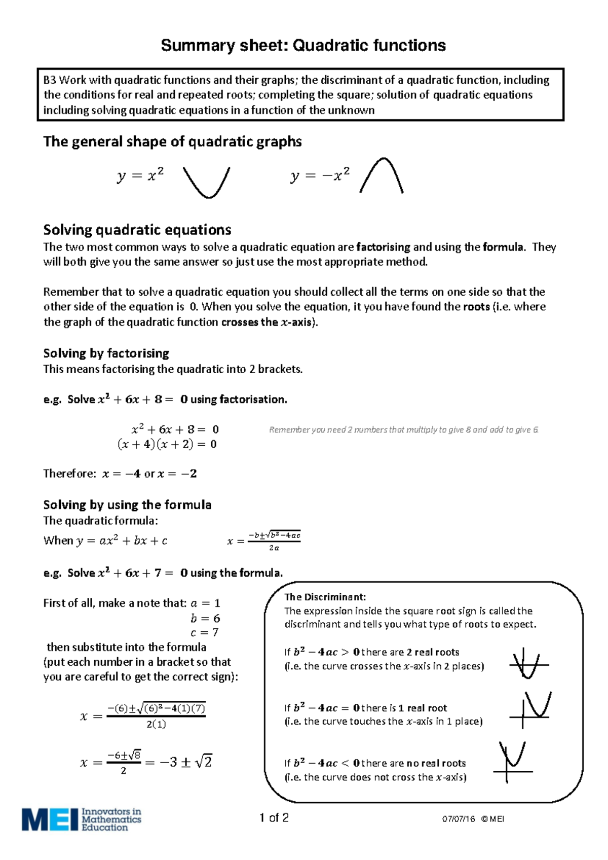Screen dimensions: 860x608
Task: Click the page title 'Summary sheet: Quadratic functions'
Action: (x=303, y=46)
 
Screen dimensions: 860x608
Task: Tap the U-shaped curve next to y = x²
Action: (x=207, y=182)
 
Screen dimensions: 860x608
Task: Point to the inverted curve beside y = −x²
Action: (x=382, y=175)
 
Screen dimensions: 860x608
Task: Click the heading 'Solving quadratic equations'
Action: (x=137, y=230)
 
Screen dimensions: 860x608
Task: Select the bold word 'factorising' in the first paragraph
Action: (x=383, y=247)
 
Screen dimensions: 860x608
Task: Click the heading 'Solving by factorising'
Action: (x=106, y=353)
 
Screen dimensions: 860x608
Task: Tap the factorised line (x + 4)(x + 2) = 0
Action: (x=167, y=444)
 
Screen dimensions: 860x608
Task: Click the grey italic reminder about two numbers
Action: (x=403, y=429)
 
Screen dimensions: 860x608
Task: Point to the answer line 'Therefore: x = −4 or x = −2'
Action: (x=120, y=474)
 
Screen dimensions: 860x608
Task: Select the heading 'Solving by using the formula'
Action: (x=127, y=505)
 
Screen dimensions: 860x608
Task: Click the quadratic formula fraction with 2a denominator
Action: (x=274, y=541)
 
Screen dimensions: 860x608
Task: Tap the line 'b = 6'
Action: (x=205, y=618)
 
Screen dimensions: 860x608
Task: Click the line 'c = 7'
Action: (x=204, y=632)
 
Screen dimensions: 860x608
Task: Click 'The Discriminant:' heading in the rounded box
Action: (x=325, y=597)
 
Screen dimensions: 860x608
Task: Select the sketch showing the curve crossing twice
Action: (x=528, y=664)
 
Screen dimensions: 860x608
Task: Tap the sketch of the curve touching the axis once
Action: (x=530, y=709)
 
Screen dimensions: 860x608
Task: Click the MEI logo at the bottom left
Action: (x=81, y=819)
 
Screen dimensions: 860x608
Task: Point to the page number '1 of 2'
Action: (x=274, y=817)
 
